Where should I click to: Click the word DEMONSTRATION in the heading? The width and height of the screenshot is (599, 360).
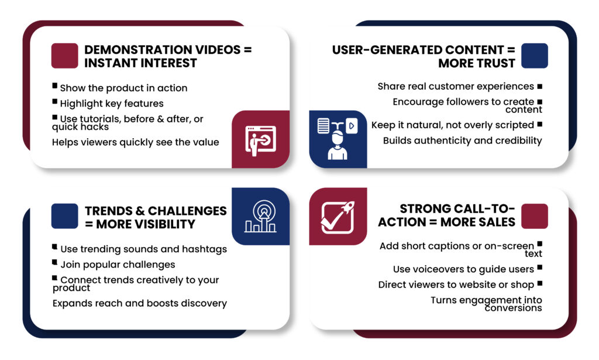point(138,50)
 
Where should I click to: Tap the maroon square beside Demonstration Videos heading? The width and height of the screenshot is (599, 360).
point(64,56)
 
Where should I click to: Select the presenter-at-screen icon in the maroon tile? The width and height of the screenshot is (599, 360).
point(260,140)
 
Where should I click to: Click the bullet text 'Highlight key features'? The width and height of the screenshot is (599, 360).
point(112,104)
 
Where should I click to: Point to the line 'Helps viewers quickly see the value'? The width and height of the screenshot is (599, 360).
point(136,142)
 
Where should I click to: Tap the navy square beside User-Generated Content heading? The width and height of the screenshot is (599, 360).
point(535,56)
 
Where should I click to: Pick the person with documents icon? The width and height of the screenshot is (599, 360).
point(338,139)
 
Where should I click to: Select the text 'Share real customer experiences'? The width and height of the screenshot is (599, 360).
point(456,87)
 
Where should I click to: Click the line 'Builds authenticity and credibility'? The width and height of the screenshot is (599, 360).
point(462,140)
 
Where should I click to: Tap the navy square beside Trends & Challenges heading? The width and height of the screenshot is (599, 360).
point(64,217)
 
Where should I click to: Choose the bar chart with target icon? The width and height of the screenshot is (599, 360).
point(260,217)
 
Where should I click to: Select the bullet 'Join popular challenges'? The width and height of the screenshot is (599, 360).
point(118,265)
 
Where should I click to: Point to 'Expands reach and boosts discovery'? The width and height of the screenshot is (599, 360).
point(140,303)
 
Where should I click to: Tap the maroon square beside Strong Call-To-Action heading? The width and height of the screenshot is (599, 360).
point(535,217)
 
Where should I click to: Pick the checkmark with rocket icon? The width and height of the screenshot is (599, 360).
point(338,217)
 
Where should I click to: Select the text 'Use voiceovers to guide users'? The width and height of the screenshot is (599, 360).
point(463,269)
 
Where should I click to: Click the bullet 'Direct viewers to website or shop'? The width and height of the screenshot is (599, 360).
point(456,284)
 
